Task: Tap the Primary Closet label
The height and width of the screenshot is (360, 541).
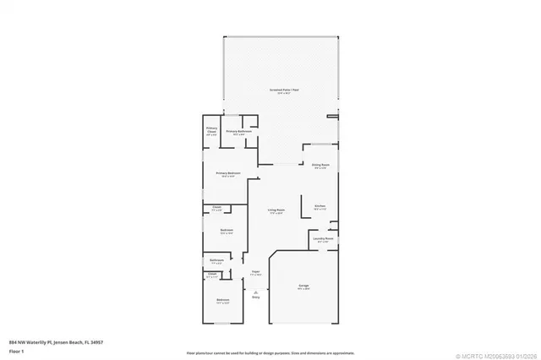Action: pos(211,130)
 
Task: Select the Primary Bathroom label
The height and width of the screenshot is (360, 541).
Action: pos(237,132)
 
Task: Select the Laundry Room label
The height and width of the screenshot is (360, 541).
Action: pos(323,239)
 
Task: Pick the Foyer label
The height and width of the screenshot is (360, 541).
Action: pos(255,272)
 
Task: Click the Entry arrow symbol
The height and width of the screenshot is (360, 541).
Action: pos(256,291)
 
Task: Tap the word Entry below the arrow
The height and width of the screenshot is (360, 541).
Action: pos(256,297)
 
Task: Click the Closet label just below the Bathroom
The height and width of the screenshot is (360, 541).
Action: pos(212,274)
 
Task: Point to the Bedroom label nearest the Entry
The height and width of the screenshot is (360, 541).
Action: pos(222,301)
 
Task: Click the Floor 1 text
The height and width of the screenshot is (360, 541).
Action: pos(16,350)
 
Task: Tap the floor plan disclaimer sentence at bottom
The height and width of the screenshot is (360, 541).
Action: pos(270,351)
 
